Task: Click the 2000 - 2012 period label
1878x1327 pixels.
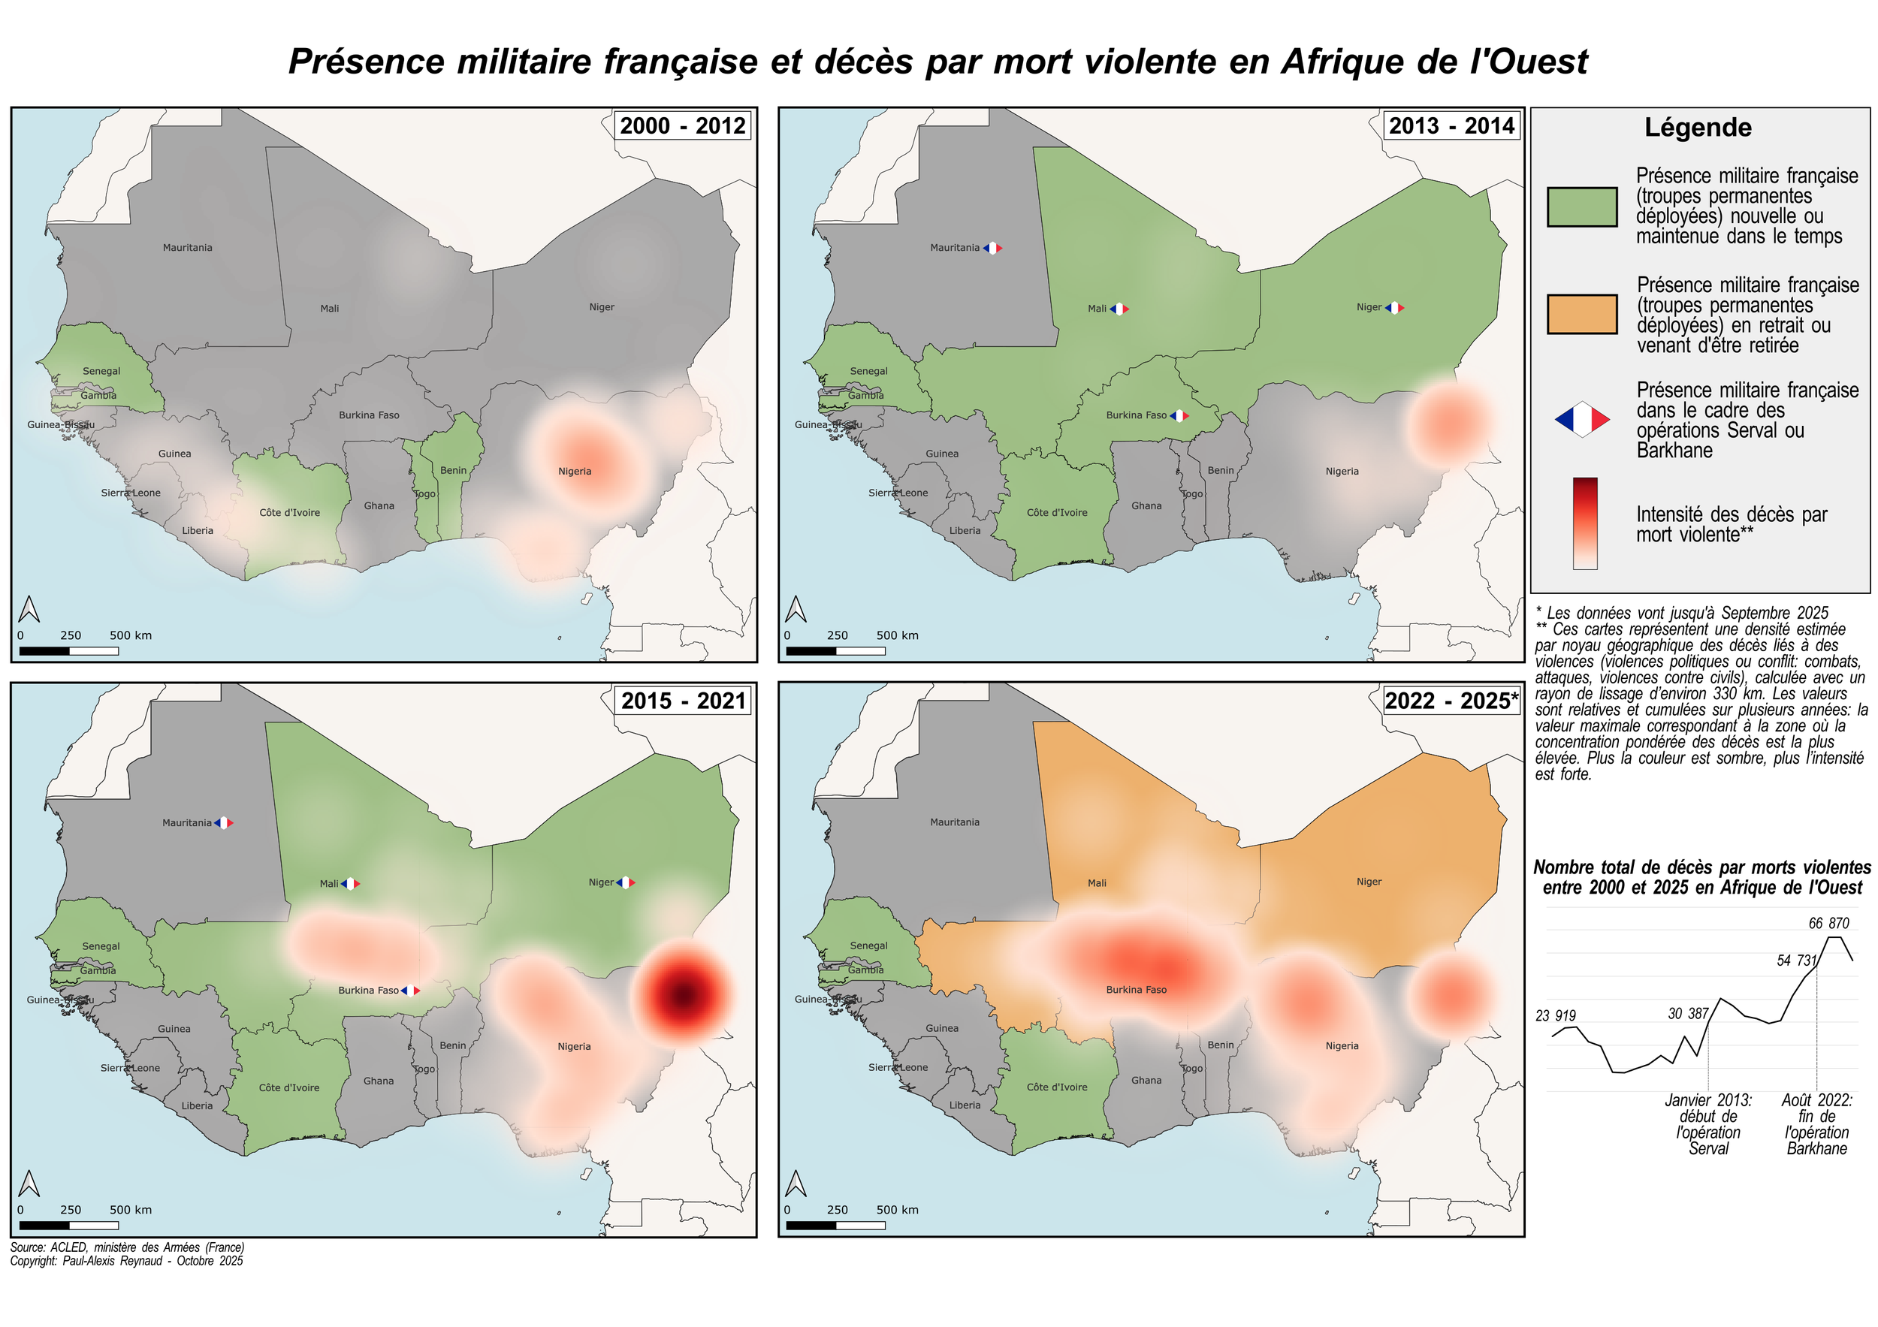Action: coord(682,126)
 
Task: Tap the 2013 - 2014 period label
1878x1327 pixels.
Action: coord(1451,126)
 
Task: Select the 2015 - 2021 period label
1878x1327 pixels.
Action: coord(682,701)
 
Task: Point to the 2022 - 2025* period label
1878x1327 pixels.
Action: coord(1451,701)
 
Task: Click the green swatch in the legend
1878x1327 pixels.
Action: coord(1581,207)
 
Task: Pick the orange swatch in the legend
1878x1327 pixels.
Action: coord(1581,315)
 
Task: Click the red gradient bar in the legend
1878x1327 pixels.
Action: coord(1584,523)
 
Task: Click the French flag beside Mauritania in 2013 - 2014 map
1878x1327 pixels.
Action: coord(992,248)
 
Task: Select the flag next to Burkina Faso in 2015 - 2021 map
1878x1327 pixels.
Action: coord(411,990)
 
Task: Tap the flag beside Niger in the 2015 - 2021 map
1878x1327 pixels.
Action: coord(626,882)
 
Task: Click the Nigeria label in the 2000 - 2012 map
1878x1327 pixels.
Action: coord(574,471)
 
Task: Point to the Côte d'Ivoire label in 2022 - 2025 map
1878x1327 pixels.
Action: coord(1057,1087)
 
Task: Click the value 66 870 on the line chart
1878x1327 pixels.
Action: coord(1828,923)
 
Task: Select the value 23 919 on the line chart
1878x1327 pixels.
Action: coord(1555,1015)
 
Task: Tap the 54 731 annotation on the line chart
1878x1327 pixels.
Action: coord(1796,961)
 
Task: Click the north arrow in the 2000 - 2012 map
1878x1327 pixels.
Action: coord(29,609)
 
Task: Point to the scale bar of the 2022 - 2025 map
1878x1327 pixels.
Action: coord(835,1224)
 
